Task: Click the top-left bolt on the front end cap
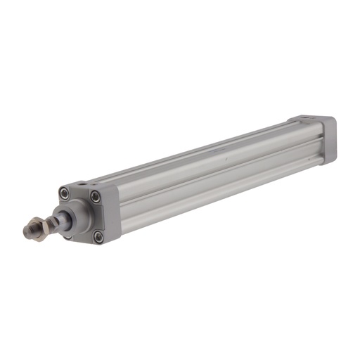[x=65, y=194]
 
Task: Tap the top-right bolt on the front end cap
[x=95, y=197]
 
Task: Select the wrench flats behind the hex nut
[x=51, y=224]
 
